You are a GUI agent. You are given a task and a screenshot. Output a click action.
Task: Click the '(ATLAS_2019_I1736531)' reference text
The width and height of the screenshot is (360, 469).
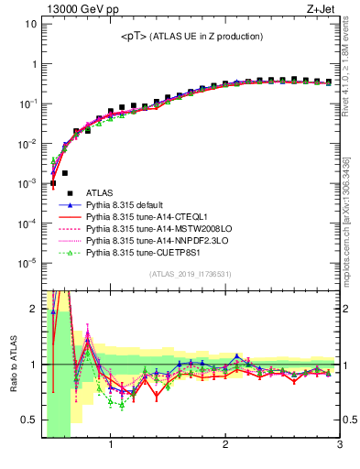(191, 274)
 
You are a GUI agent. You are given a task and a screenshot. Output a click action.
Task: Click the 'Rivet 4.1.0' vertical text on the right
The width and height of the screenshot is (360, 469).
(352, 63)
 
